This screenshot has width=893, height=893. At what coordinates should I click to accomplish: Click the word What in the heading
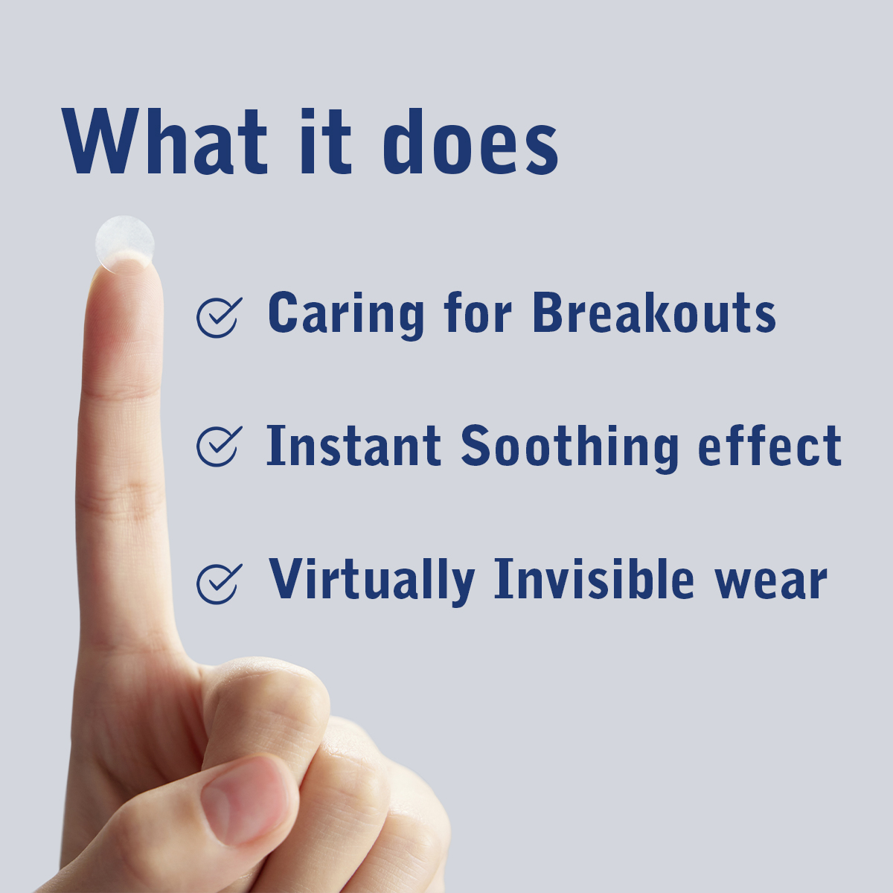(164, 141)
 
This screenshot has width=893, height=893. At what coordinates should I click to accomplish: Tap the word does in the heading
(470, 141)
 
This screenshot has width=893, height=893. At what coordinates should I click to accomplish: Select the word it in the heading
(326, 141)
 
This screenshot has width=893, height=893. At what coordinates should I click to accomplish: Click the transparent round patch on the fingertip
(125, 244)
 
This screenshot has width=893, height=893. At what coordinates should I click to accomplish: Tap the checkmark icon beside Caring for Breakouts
(219, 317)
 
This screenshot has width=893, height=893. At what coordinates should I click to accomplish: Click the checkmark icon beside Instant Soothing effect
(219, 446)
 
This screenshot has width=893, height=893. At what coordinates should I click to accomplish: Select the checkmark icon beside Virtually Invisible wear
(219, 584)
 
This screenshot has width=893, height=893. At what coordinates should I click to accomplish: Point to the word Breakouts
(654, 311)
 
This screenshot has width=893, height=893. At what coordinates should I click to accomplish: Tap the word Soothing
(569, 448)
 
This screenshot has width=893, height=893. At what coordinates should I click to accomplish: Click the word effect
(769, 444)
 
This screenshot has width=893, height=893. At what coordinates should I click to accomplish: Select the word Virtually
(372, 581)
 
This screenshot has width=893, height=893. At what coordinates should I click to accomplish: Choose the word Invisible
(595, 578)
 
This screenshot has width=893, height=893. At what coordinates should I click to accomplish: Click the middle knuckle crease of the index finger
(121, 503)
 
